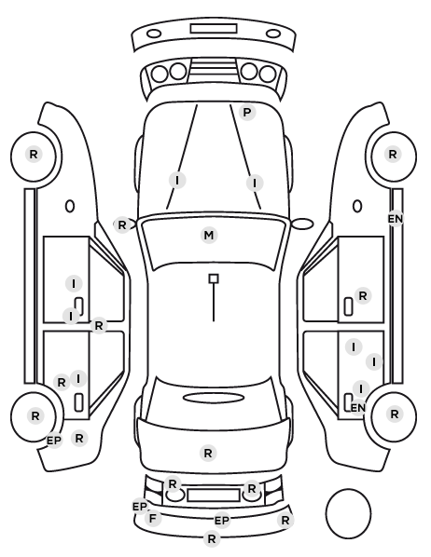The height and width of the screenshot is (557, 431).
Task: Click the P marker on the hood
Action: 247,113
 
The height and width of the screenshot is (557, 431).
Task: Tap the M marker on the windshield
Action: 209,235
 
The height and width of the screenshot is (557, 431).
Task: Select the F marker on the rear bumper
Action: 153,518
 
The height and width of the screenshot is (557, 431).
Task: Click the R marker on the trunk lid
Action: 208,453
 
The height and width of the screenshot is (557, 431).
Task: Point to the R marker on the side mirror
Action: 121,224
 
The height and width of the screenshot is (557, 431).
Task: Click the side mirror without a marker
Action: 302,224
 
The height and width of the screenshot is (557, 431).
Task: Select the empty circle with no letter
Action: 348,513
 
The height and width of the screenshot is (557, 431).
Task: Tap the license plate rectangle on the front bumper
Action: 214,29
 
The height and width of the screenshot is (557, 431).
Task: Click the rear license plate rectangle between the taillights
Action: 214,495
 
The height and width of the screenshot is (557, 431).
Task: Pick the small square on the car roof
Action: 214,278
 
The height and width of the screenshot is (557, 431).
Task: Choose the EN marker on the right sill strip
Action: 396,219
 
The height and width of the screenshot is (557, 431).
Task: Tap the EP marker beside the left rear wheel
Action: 54,441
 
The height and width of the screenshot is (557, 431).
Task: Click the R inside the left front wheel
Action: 34,155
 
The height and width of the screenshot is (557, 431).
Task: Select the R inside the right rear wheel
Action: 395,414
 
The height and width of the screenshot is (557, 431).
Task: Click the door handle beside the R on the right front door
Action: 348,306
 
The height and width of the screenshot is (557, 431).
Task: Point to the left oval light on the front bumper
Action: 154,34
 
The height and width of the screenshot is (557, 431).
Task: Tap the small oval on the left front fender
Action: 70,206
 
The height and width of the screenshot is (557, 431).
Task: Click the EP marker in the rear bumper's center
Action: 222,521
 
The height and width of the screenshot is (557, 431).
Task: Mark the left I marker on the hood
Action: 177,180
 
